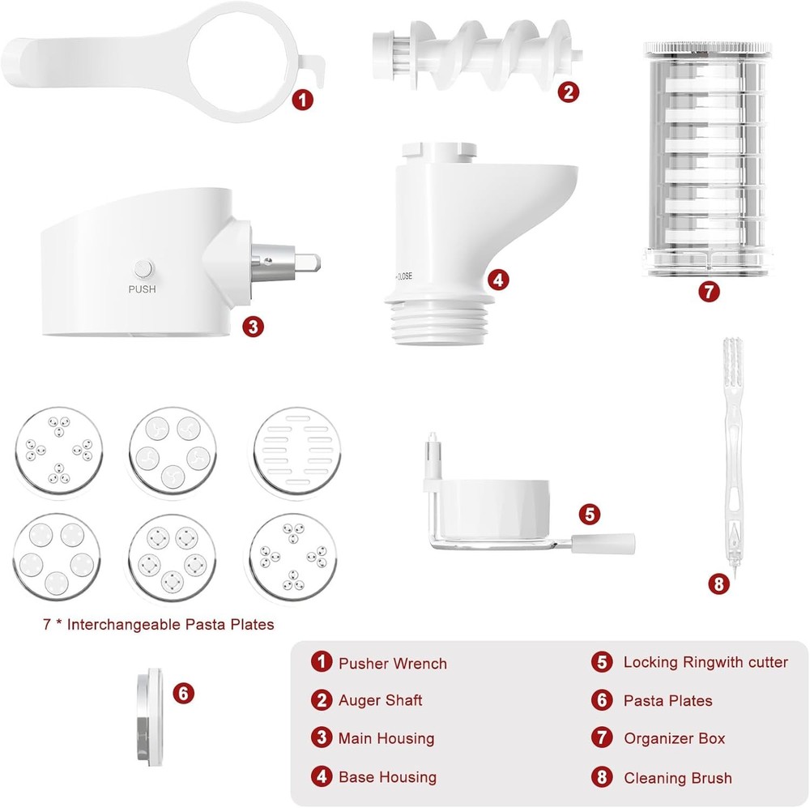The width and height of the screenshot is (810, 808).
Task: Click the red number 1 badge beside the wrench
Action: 303,100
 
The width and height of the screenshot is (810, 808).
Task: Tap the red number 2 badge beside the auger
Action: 569,92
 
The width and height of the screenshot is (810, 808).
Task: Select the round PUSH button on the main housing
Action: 143,268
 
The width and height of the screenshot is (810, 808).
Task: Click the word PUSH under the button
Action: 142,289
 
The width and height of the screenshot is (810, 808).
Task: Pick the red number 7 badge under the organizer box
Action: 708,292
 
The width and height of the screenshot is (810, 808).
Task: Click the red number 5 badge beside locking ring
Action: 590,514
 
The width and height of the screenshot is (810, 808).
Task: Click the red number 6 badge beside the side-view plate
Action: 185,694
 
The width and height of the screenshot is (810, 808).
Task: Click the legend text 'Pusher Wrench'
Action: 393,664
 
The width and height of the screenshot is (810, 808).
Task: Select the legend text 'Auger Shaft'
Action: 381,700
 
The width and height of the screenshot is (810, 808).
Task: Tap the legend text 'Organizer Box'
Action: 675,738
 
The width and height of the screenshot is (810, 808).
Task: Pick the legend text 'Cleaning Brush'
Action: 678,778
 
